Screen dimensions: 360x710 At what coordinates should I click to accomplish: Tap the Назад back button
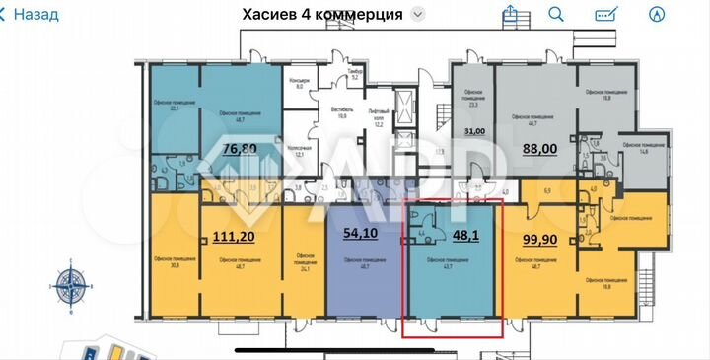coord(31,15)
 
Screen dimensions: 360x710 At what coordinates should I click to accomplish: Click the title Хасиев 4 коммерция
coord(321,14)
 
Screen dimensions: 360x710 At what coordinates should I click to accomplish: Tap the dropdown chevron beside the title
coord(419,15)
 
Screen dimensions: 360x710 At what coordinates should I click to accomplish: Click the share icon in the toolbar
coord(510,14)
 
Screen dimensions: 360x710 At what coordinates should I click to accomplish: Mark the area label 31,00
coord(475,132)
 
